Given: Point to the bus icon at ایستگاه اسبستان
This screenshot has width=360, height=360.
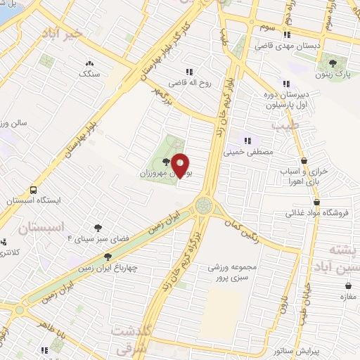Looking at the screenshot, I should (33, 191).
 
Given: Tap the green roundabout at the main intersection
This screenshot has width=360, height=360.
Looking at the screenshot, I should (205, 205).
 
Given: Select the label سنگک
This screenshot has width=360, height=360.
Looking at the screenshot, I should (89, 73).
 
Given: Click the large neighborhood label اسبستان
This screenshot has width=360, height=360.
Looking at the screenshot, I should (39, 229).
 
